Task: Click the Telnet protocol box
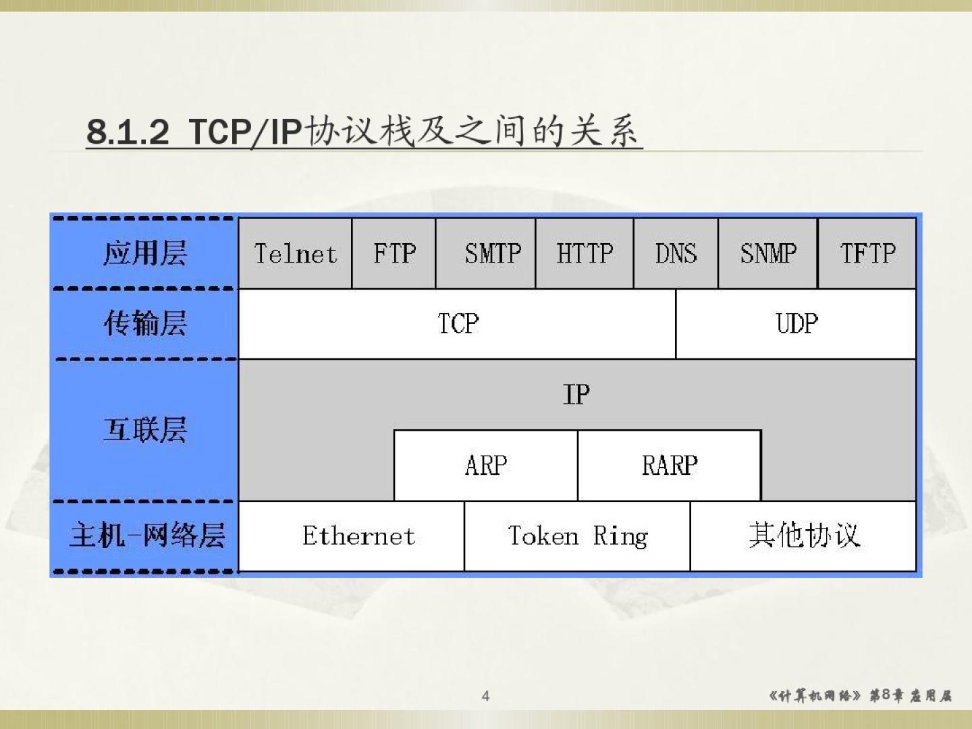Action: pos(296,253)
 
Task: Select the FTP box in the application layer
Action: pos(394,253)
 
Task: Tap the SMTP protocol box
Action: pos(486,253)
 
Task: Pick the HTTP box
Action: pos(585,253)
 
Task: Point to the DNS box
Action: pos(676,253)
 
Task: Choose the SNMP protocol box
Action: pos(768,253)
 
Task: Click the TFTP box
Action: pos(867,253)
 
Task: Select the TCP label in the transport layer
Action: pos(458,323)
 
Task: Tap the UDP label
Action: pos(797,323)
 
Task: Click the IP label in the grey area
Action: pos(576,394)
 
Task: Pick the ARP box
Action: pos(486,465)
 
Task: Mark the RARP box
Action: pos(670,465)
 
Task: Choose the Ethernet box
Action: pos(352,537)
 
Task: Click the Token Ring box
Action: pos(577,537)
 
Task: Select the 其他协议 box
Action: pos(803,537)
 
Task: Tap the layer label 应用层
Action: pos(145,253)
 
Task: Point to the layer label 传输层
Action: pos(145,323)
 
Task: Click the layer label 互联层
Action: pos(145,429)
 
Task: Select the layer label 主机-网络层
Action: pos(147,535)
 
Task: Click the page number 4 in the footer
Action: pos(486,696)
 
